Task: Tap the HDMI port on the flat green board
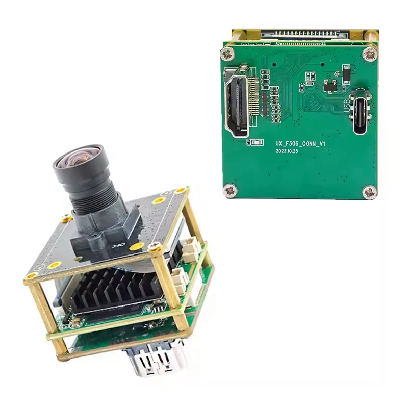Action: pos(238,105)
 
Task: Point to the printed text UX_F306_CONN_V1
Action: pos(299,145)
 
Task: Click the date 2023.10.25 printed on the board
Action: pos(290,152)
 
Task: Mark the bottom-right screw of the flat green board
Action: pos(369,192)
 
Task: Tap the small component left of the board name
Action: pos(251,142)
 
